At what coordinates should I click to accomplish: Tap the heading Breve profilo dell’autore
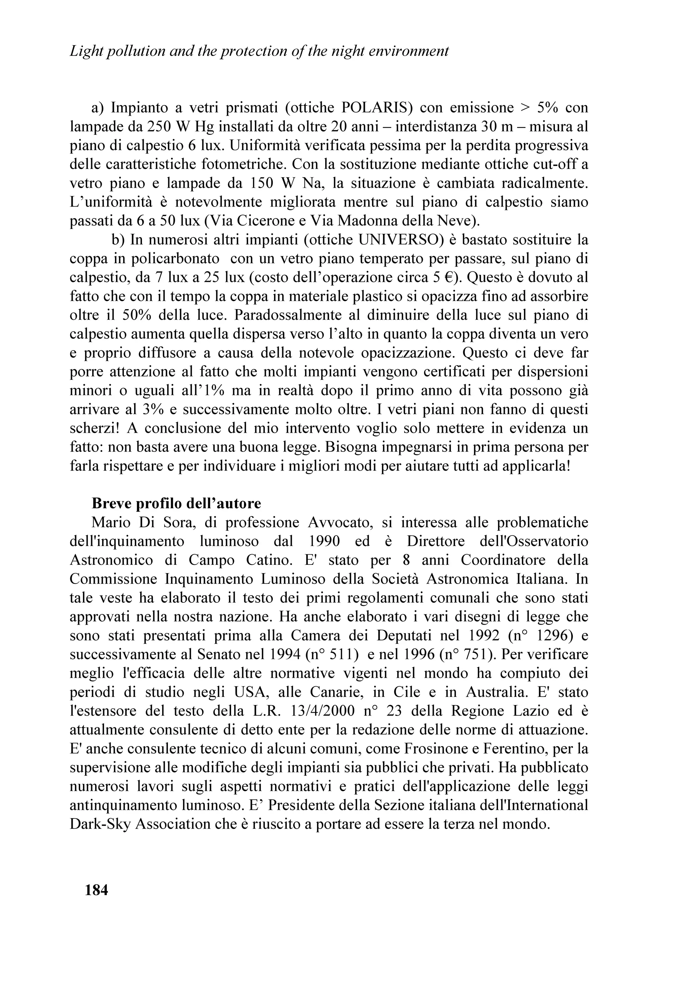point(176,503)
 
